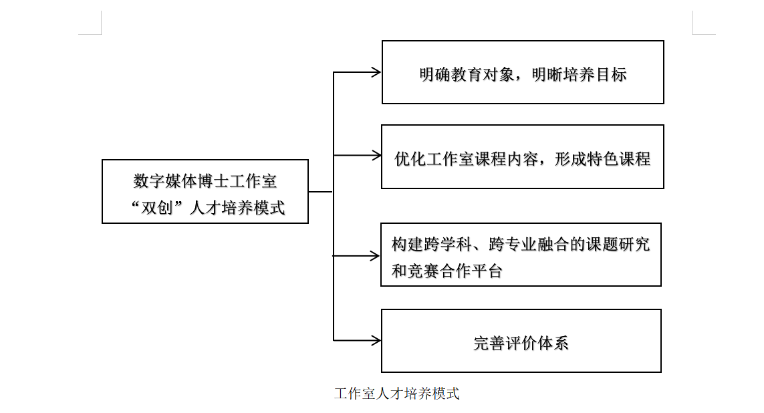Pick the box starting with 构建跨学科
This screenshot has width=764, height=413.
[x=521, y=255]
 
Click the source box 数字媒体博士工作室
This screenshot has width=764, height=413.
[x=205, y=191]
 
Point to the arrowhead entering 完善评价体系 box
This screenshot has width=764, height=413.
[x=376, y=341]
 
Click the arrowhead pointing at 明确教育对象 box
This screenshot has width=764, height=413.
[x=376, y=72]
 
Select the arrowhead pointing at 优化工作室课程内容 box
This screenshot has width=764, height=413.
[x=376, y=156]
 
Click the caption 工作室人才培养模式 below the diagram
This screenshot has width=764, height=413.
[x=397, y=394]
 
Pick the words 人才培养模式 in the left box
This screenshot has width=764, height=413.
[x=237, y=208]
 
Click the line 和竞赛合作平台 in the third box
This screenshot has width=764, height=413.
[x=447, y=271]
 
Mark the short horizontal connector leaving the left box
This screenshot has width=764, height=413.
[x=321, y=192]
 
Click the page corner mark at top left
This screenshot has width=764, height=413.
[x=94, y=27]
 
